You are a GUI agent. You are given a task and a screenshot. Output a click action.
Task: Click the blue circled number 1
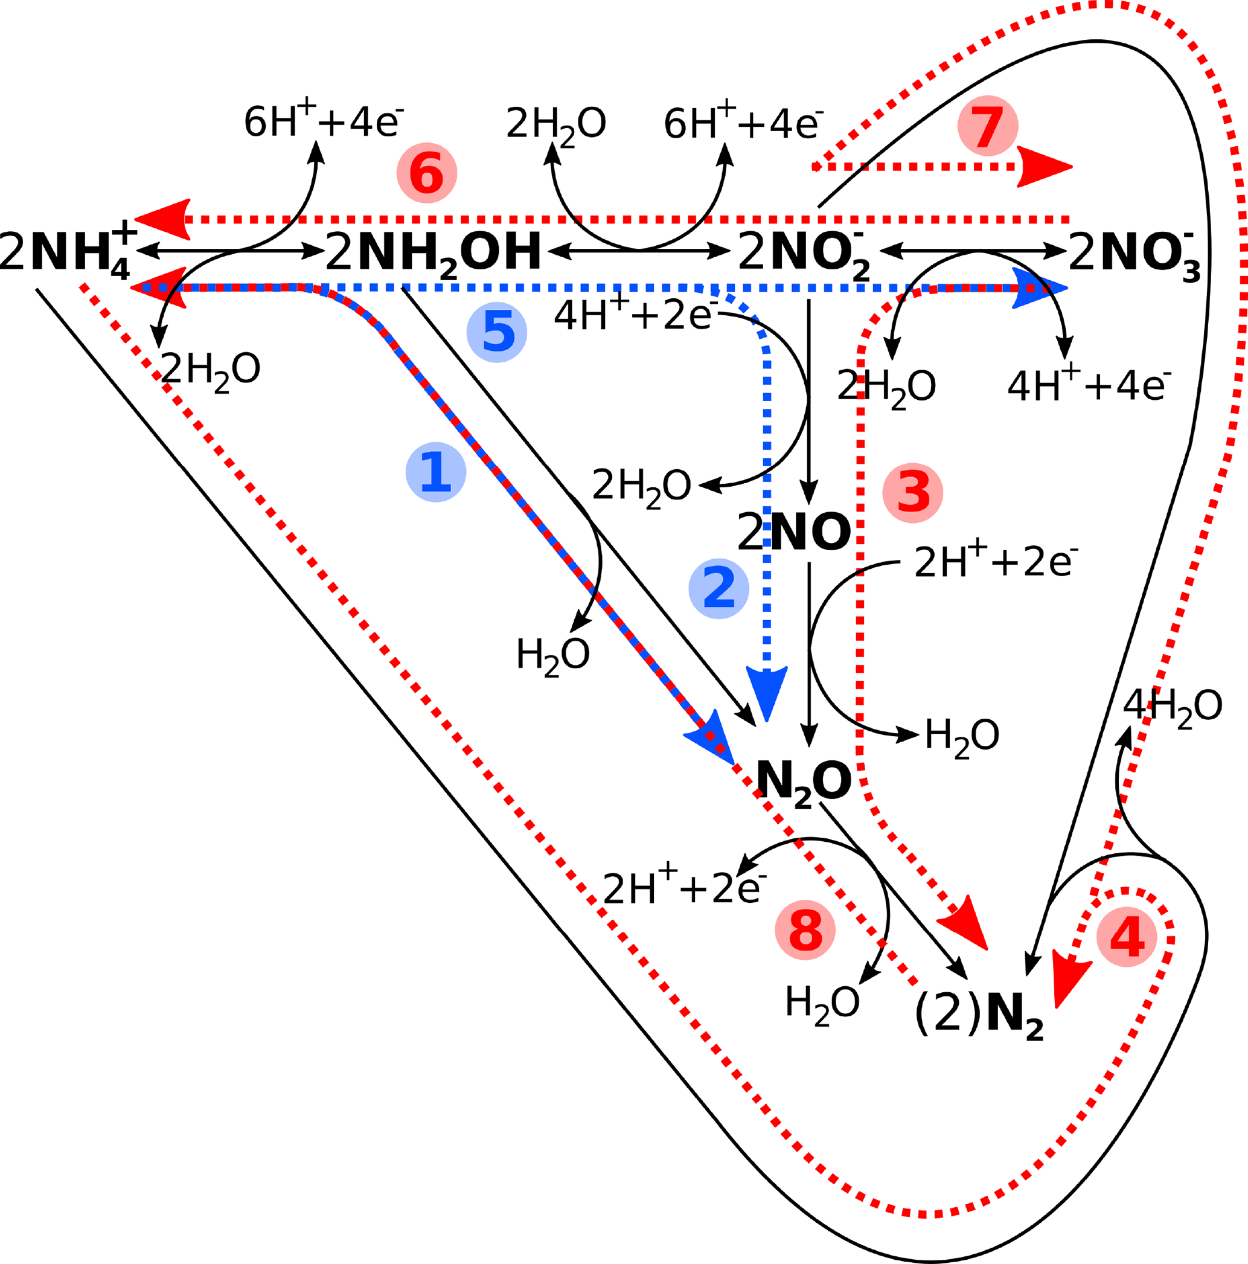(x=436, y=472)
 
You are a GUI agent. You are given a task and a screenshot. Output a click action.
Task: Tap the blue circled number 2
(x=718, y=588)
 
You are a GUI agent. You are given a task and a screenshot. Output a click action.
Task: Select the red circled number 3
(x=912, y=493)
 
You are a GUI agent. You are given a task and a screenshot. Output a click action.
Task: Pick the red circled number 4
(x=1127, y=937)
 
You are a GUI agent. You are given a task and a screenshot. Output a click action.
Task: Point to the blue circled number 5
(x=496, y=332)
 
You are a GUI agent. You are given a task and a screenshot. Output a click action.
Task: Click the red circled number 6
(x=426, y=173)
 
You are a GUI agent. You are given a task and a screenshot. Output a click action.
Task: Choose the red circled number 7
(x=987, y=126)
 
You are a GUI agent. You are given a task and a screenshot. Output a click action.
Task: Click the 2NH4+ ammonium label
(x=69, y=252)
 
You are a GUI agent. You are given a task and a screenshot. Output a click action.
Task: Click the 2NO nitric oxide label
(x=793, y=532)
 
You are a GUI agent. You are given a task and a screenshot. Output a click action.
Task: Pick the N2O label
(x=803, y=782)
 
